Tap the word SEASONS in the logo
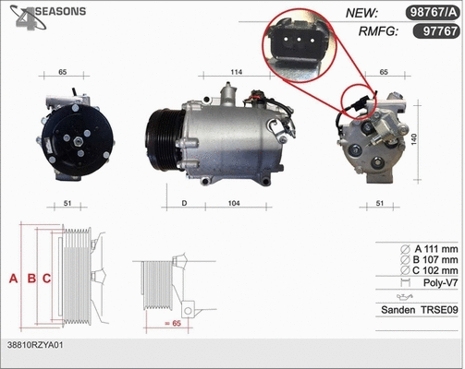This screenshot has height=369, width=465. coord(60,11)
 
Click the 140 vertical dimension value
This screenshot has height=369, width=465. coord(440,138)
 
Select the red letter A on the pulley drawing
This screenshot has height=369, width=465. coord(13,278)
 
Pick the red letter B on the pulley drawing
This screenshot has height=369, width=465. coord(30,278)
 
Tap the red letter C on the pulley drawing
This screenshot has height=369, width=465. coord(45,278)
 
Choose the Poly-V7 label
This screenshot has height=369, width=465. coord(438,285)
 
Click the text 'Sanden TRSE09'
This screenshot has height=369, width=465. coord(420,311)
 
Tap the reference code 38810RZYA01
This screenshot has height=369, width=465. coord(36,344)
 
